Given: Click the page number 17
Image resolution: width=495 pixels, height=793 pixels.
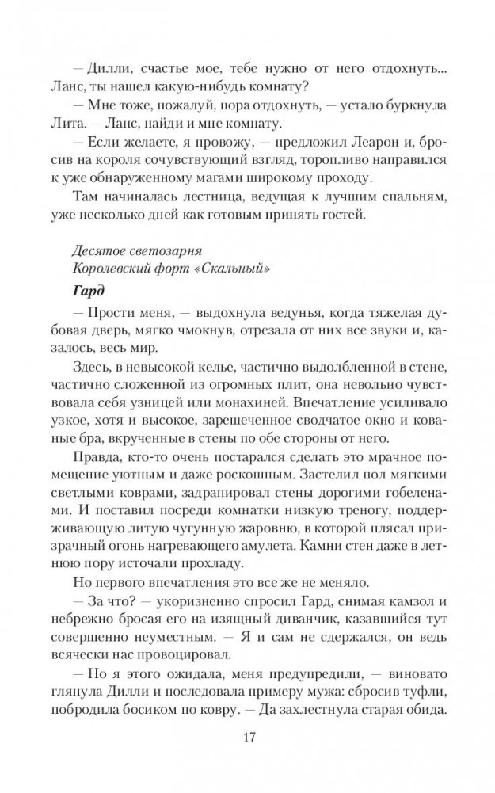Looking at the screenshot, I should tap(247, 737).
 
